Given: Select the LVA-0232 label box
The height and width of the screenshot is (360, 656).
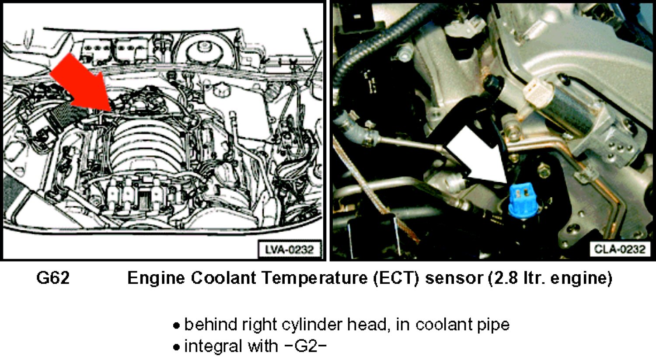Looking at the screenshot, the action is tap(290, 250).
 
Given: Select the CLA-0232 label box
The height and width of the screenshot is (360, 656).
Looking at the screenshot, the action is tap(620, 249).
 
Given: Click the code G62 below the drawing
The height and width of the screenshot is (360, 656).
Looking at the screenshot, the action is tap(53, 278).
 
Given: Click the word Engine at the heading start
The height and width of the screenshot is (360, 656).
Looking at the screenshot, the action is tap(157, 278).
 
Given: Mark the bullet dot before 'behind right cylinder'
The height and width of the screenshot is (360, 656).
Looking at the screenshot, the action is tap(176, 326).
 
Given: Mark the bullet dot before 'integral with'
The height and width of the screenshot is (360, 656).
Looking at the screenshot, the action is tap(176, 347).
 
